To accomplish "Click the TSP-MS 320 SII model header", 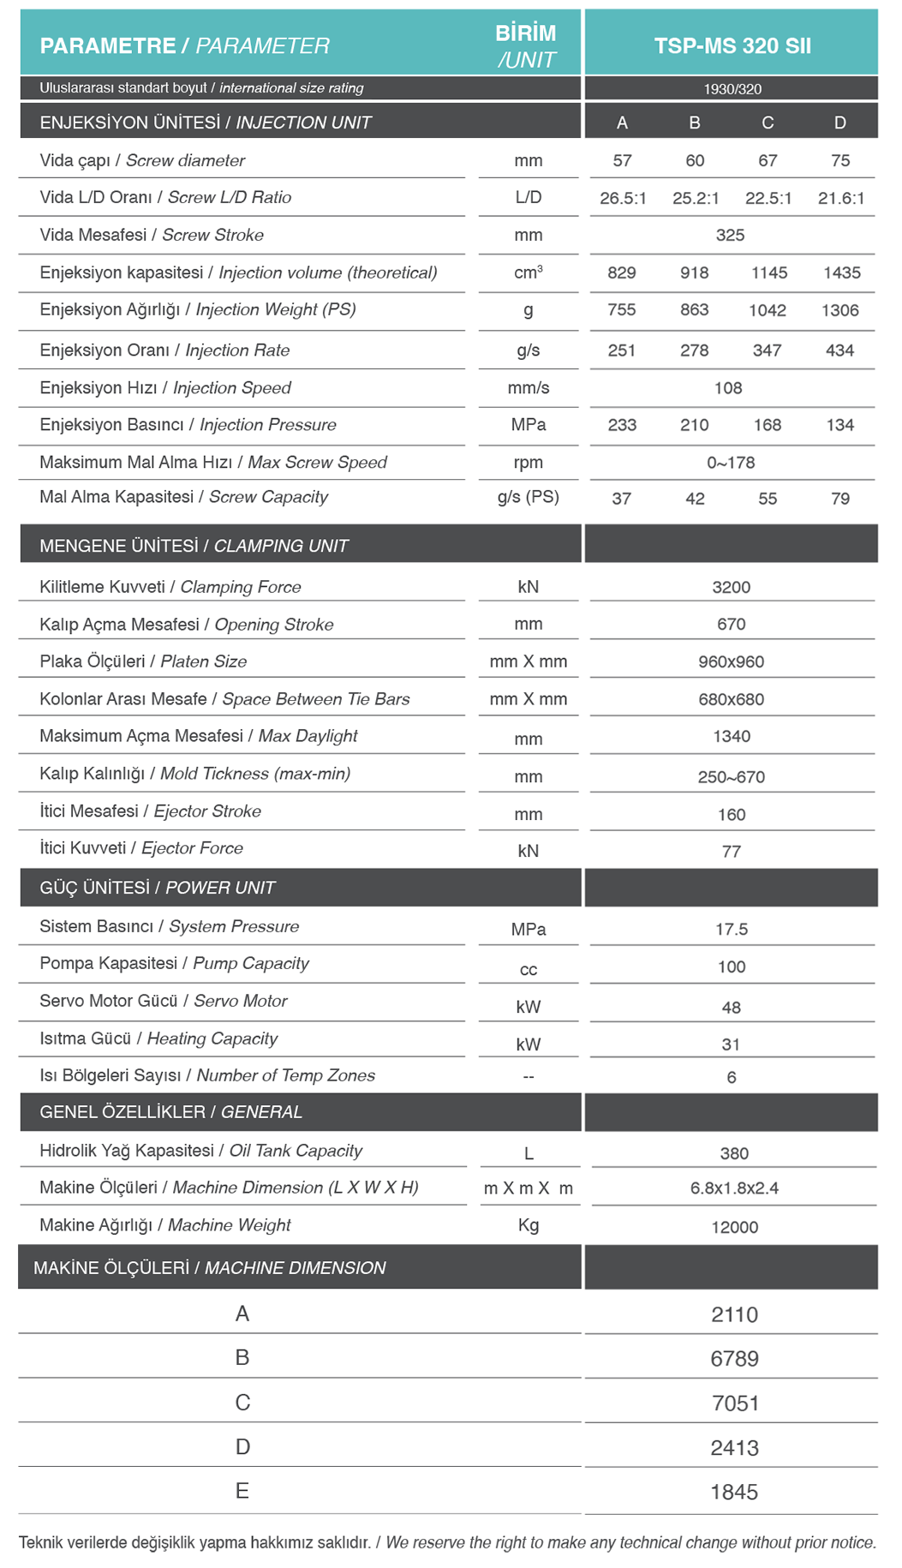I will tap(732, 46).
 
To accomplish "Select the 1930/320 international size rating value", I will tap(732, 89).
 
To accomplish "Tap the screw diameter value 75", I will tap(840, 161).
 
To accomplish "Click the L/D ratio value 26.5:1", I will tap(623, 199).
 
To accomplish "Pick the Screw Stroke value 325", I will tap(730, 236).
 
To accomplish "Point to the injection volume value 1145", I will tap(769, 273).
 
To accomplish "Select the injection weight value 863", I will tap(694, 310).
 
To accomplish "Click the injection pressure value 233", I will tap(622, 425).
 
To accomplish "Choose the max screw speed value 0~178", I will tap(731, 463).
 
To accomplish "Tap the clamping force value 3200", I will tap(731, 588).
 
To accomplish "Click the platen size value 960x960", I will tap(731, 662).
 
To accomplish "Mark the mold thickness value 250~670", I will tap(731, 777).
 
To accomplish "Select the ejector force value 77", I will tap(731, 852).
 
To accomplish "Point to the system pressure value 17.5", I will tap(732, 930).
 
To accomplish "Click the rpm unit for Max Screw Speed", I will tap(529, 463).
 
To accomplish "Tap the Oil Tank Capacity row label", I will tap(200, 1151).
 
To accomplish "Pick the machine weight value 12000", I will tap(734, 1228).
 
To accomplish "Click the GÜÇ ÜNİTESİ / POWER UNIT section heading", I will tap(158, 889).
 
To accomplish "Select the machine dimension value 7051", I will tap(735, 1403).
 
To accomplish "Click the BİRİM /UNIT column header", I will tap(526, 46).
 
